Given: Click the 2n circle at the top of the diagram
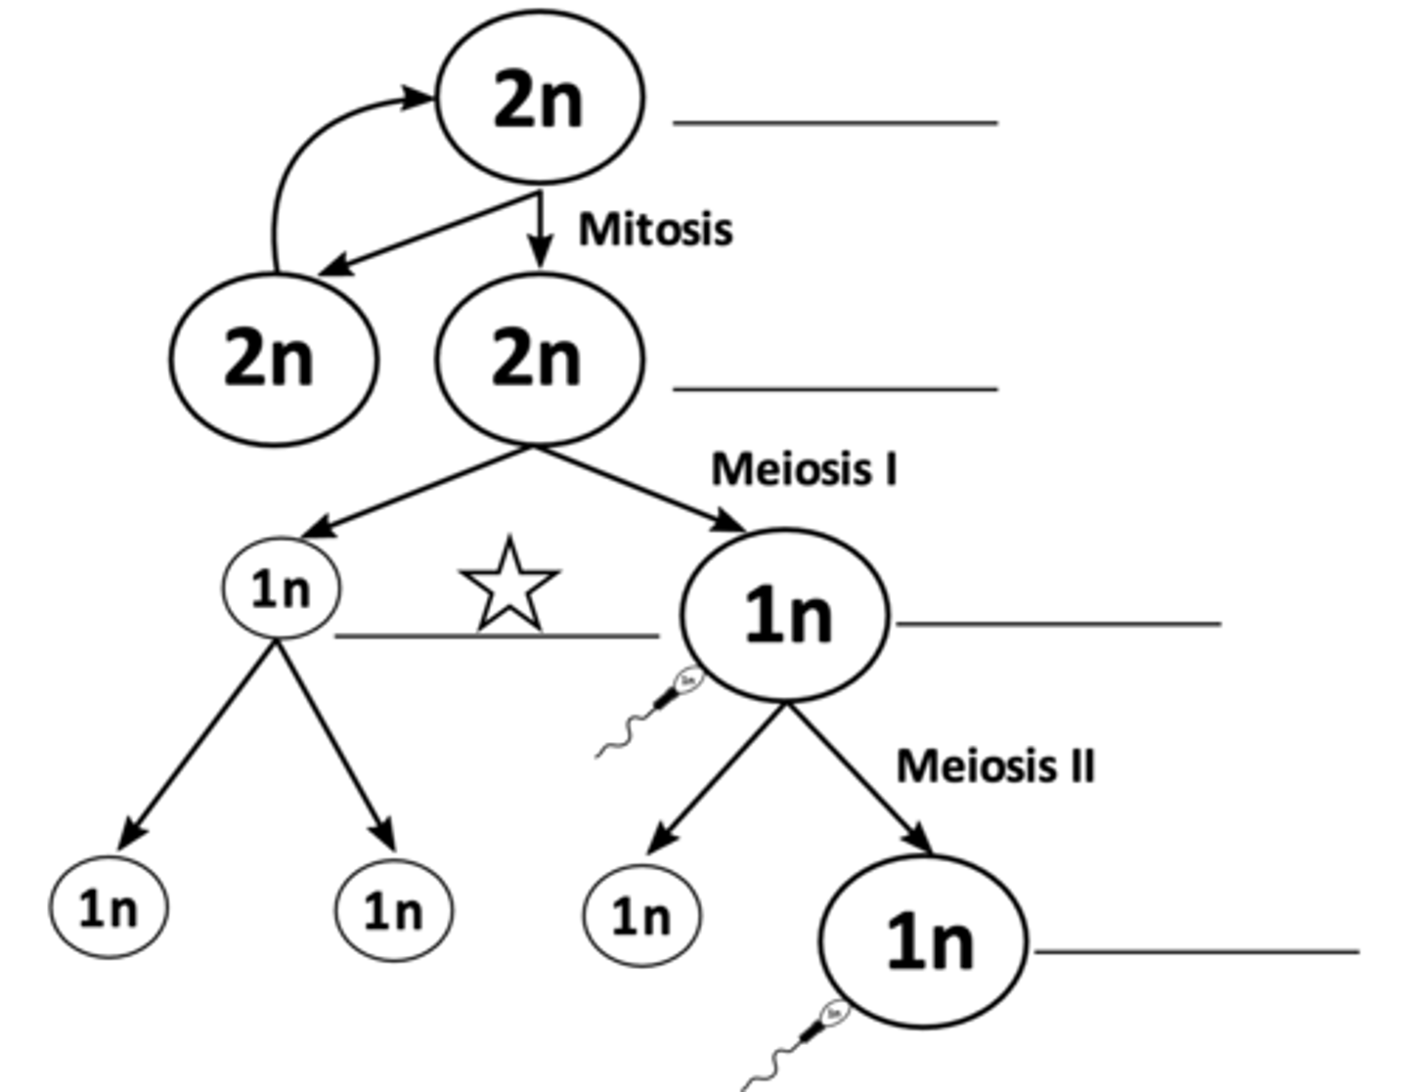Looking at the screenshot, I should click(x=539, y=97).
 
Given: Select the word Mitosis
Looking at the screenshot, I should click(x=655, y=230).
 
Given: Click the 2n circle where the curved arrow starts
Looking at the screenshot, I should click(x=273, y=359).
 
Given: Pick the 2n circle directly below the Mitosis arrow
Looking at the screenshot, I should click(x=539, y=359).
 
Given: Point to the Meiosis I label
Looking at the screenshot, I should click(x=804, y=469).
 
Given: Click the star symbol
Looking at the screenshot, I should click(x=509, y=587).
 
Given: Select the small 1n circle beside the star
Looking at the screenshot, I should click(x=282, y=589).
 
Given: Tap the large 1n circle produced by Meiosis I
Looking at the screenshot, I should click(x=785, y=616).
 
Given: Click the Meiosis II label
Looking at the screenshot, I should click(x=995, y=765).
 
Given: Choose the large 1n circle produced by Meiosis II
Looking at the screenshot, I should click(x=923, y=941).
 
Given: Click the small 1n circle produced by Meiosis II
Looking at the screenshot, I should click(x=641, y=916).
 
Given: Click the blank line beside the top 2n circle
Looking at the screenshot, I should click(x=835, y=123).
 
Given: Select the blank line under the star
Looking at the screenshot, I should click(x=497, y=636).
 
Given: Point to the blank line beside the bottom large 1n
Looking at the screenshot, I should click(x=1197, y=950).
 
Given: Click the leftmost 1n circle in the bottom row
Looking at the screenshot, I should click(x=109, y=908).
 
